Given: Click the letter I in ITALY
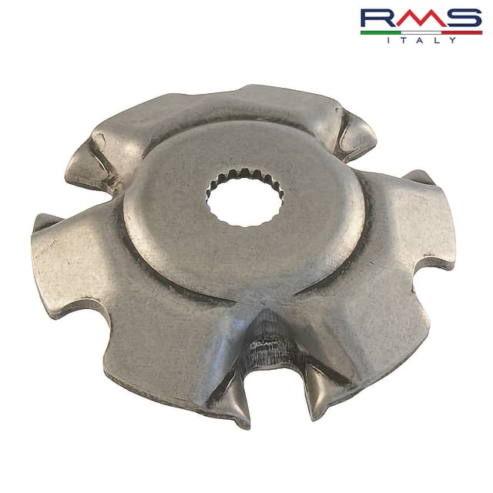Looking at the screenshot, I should tap(388, 40).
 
